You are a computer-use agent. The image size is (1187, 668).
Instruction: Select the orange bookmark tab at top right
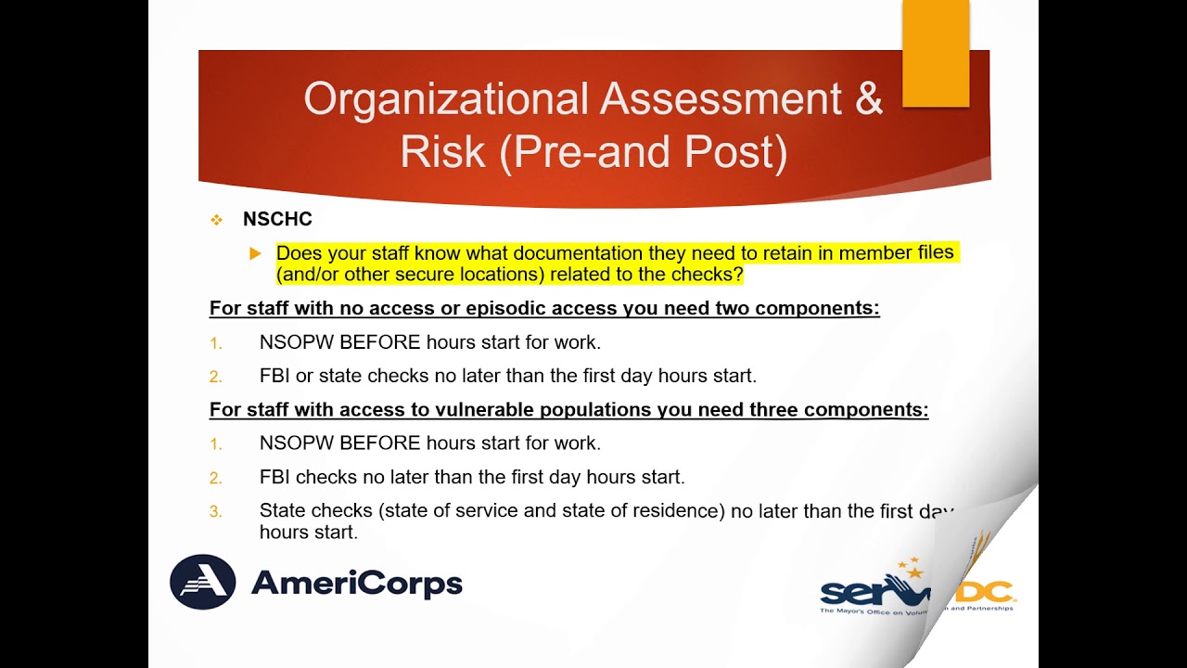[x=935, y=52]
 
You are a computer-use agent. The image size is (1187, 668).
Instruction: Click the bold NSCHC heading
[x=277, y=220]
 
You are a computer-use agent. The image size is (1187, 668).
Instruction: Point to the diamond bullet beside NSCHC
[x=217, y=220]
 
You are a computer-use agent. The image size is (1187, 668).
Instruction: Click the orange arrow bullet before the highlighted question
[x=256, y=253]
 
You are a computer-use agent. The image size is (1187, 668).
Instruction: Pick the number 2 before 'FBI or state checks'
[x=216, y=377]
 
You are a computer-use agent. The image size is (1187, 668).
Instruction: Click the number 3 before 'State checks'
[x=216, y=511]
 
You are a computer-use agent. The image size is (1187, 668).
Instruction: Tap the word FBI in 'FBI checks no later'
[x=275, y=477]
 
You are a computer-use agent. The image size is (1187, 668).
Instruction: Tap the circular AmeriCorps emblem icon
[x=203, y=582]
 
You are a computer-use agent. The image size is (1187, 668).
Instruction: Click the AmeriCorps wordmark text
[x=356, y=584]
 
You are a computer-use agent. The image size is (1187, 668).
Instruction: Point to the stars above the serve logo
[x=911, y=567]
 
